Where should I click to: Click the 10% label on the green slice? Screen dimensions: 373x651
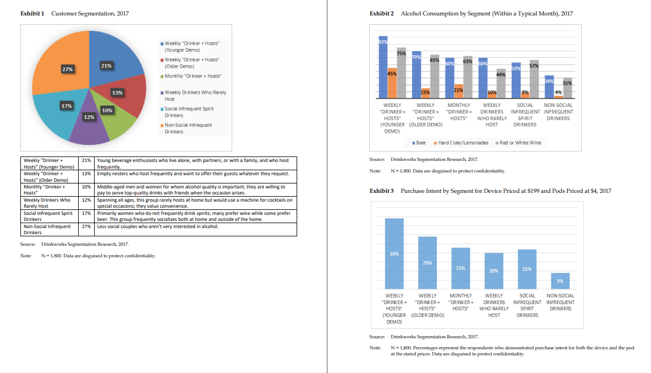pyautogui.click(x=107, y=111)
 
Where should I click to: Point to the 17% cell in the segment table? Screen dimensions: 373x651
pyautogui.click(x=86, y=213)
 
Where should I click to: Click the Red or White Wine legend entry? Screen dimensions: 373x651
pyautogui.click(x=519, y=143)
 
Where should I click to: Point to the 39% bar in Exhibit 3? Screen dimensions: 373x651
pyautogui.click(x=394, y=253)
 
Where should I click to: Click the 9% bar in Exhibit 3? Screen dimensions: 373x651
pyautogui.click(x=560, y=280)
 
